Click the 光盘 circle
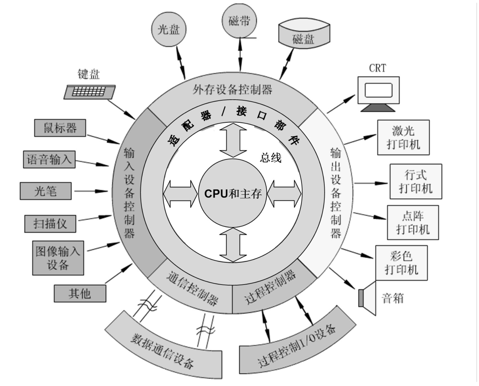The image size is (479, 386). coord(169,29)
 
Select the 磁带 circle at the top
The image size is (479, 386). coord(239,20)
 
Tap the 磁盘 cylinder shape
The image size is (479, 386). coord(304,35)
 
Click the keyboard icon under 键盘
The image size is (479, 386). coord(89,92)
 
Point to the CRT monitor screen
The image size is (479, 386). coord(378,90)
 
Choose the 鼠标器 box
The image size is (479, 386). coord(60,128)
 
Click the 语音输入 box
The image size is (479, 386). coord(49,160)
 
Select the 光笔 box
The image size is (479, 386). coord(46,191)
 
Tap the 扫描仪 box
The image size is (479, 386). coord(50,224)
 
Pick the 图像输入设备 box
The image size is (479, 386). coord(58,258)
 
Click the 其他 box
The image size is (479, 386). coord(80,293)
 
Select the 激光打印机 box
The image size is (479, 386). coord(403,138)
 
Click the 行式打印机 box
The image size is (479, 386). coord(416,181)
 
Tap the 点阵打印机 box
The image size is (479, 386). coord(413,223)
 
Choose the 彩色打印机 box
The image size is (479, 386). coord(401,263)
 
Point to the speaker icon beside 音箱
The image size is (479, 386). coord(368,298)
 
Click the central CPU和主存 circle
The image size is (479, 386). coord(233,194)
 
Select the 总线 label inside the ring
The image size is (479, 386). coord(270,158)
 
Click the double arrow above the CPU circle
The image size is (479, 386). coord(233,140)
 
